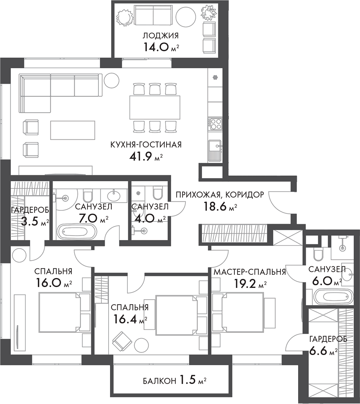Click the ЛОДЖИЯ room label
click(160, 36)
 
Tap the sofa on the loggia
click(153, 15)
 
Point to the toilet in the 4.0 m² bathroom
click(157, 193)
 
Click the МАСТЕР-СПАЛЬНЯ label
click(249, 272)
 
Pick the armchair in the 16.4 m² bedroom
click(122, 341)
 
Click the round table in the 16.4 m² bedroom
click(142, 345)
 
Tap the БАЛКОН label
click(159, 381)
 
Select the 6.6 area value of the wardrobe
click(318, 351)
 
